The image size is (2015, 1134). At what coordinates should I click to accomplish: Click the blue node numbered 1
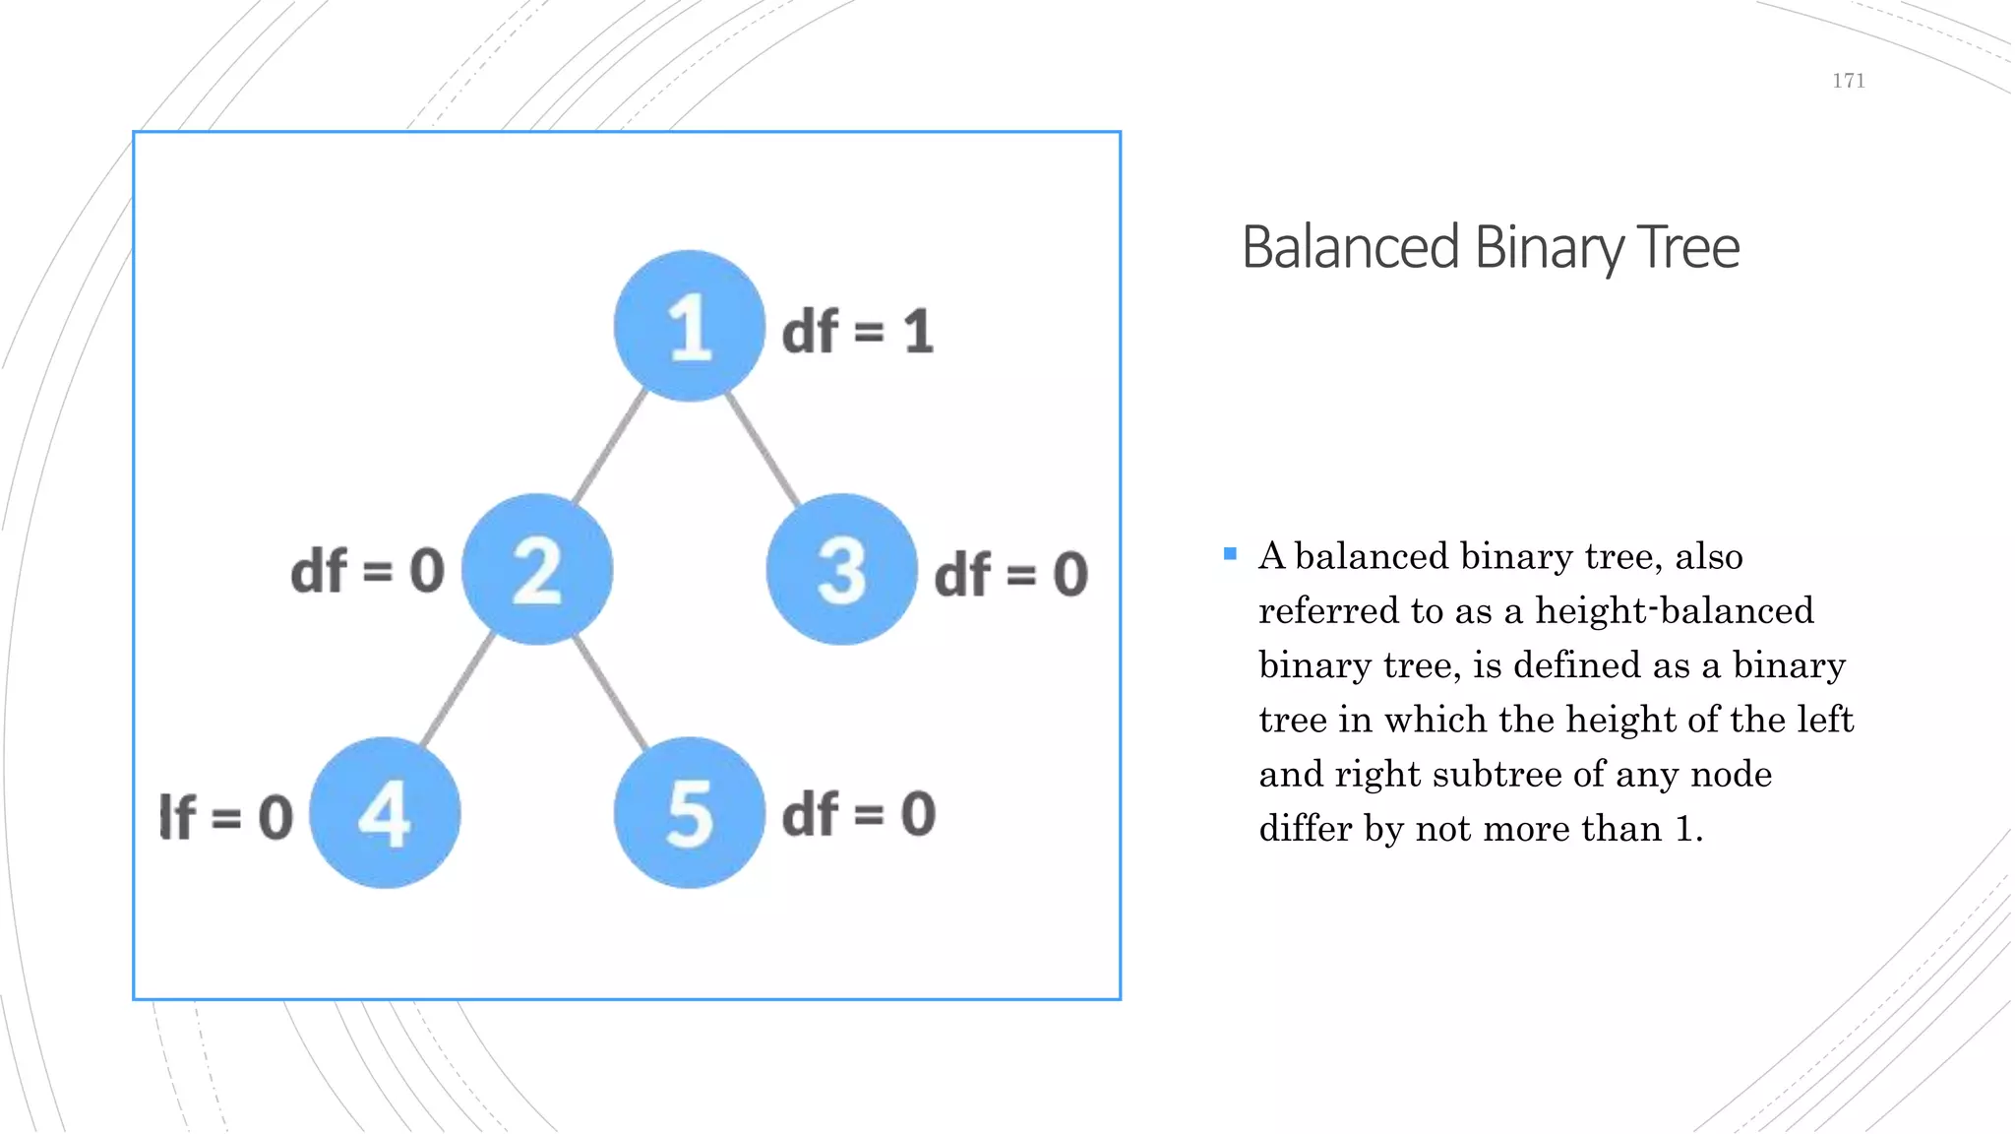click(689, 326)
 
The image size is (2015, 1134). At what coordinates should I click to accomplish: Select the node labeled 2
click(537, 569)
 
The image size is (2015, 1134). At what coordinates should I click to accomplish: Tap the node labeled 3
click(841, 569)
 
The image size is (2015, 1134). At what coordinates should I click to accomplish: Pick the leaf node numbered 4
click(385, 812)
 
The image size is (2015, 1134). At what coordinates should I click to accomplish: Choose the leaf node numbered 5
click(689, 812)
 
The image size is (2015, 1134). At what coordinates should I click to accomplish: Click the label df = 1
click(857, 331)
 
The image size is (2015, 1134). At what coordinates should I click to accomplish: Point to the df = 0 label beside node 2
click(368, 571)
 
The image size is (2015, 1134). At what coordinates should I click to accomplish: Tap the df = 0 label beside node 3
click(1010, 574)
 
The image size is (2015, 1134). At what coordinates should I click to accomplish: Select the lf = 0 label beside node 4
click(226, 817)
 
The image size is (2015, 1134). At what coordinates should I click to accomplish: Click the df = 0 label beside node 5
click(858, 814)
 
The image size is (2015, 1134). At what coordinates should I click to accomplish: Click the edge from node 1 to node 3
click(763, 448)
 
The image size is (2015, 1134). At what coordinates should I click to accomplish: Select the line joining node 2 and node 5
click(612, 691)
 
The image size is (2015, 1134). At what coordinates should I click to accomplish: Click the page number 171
click(1848, 81)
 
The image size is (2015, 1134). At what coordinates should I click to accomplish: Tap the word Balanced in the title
click(1350, 247)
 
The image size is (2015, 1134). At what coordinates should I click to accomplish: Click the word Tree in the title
click(1689, 247)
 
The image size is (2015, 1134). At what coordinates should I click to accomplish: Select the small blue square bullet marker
click(1230, 554)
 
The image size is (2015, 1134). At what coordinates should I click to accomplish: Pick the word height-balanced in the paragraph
click(1674, 610)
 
